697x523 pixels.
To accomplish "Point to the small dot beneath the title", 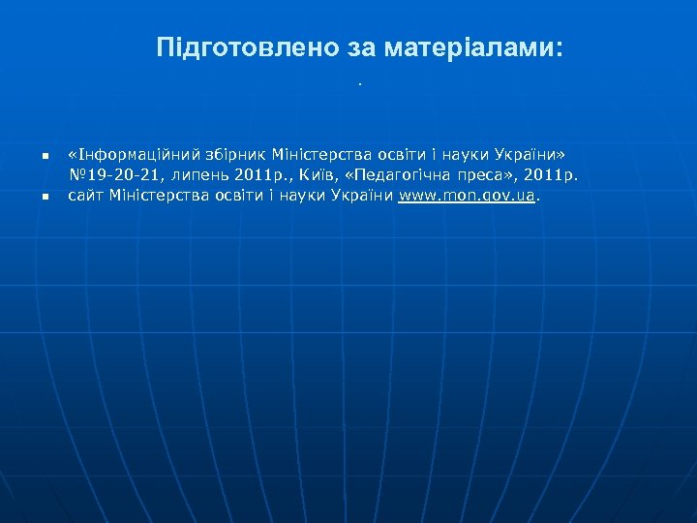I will coord(359,83).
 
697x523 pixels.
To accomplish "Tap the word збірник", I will coord(232,155).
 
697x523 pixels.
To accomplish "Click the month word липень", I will coord(201,175).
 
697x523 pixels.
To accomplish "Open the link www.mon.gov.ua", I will coord(467,196).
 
